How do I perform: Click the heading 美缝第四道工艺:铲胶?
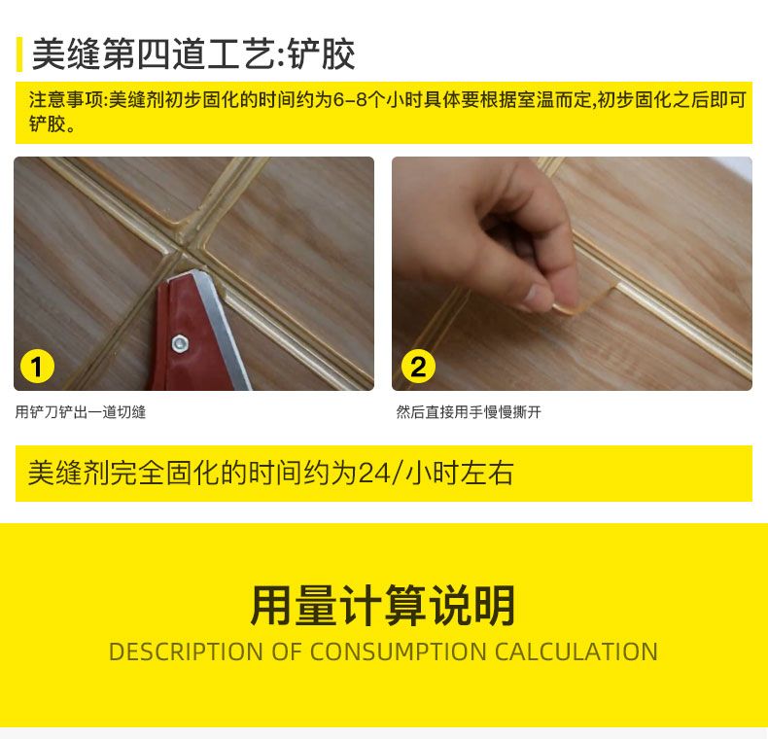point(192,55)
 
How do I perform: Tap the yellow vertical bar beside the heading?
point(18,54)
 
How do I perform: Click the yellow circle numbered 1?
point(37,368)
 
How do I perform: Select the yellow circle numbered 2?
point(418,368)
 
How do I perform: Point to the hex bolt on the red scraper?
point(179,342)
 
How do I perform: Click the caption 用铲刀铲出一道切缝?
point(81,412)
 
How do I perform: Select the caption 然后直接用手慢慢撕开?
point(469,412)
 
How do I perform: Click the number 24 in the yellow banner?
point(372,474)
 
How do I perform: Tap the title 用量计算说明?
point(383,606)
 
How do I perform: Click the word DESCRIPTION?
point(186,651)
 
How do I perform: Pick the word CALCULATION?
point(576,651)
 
